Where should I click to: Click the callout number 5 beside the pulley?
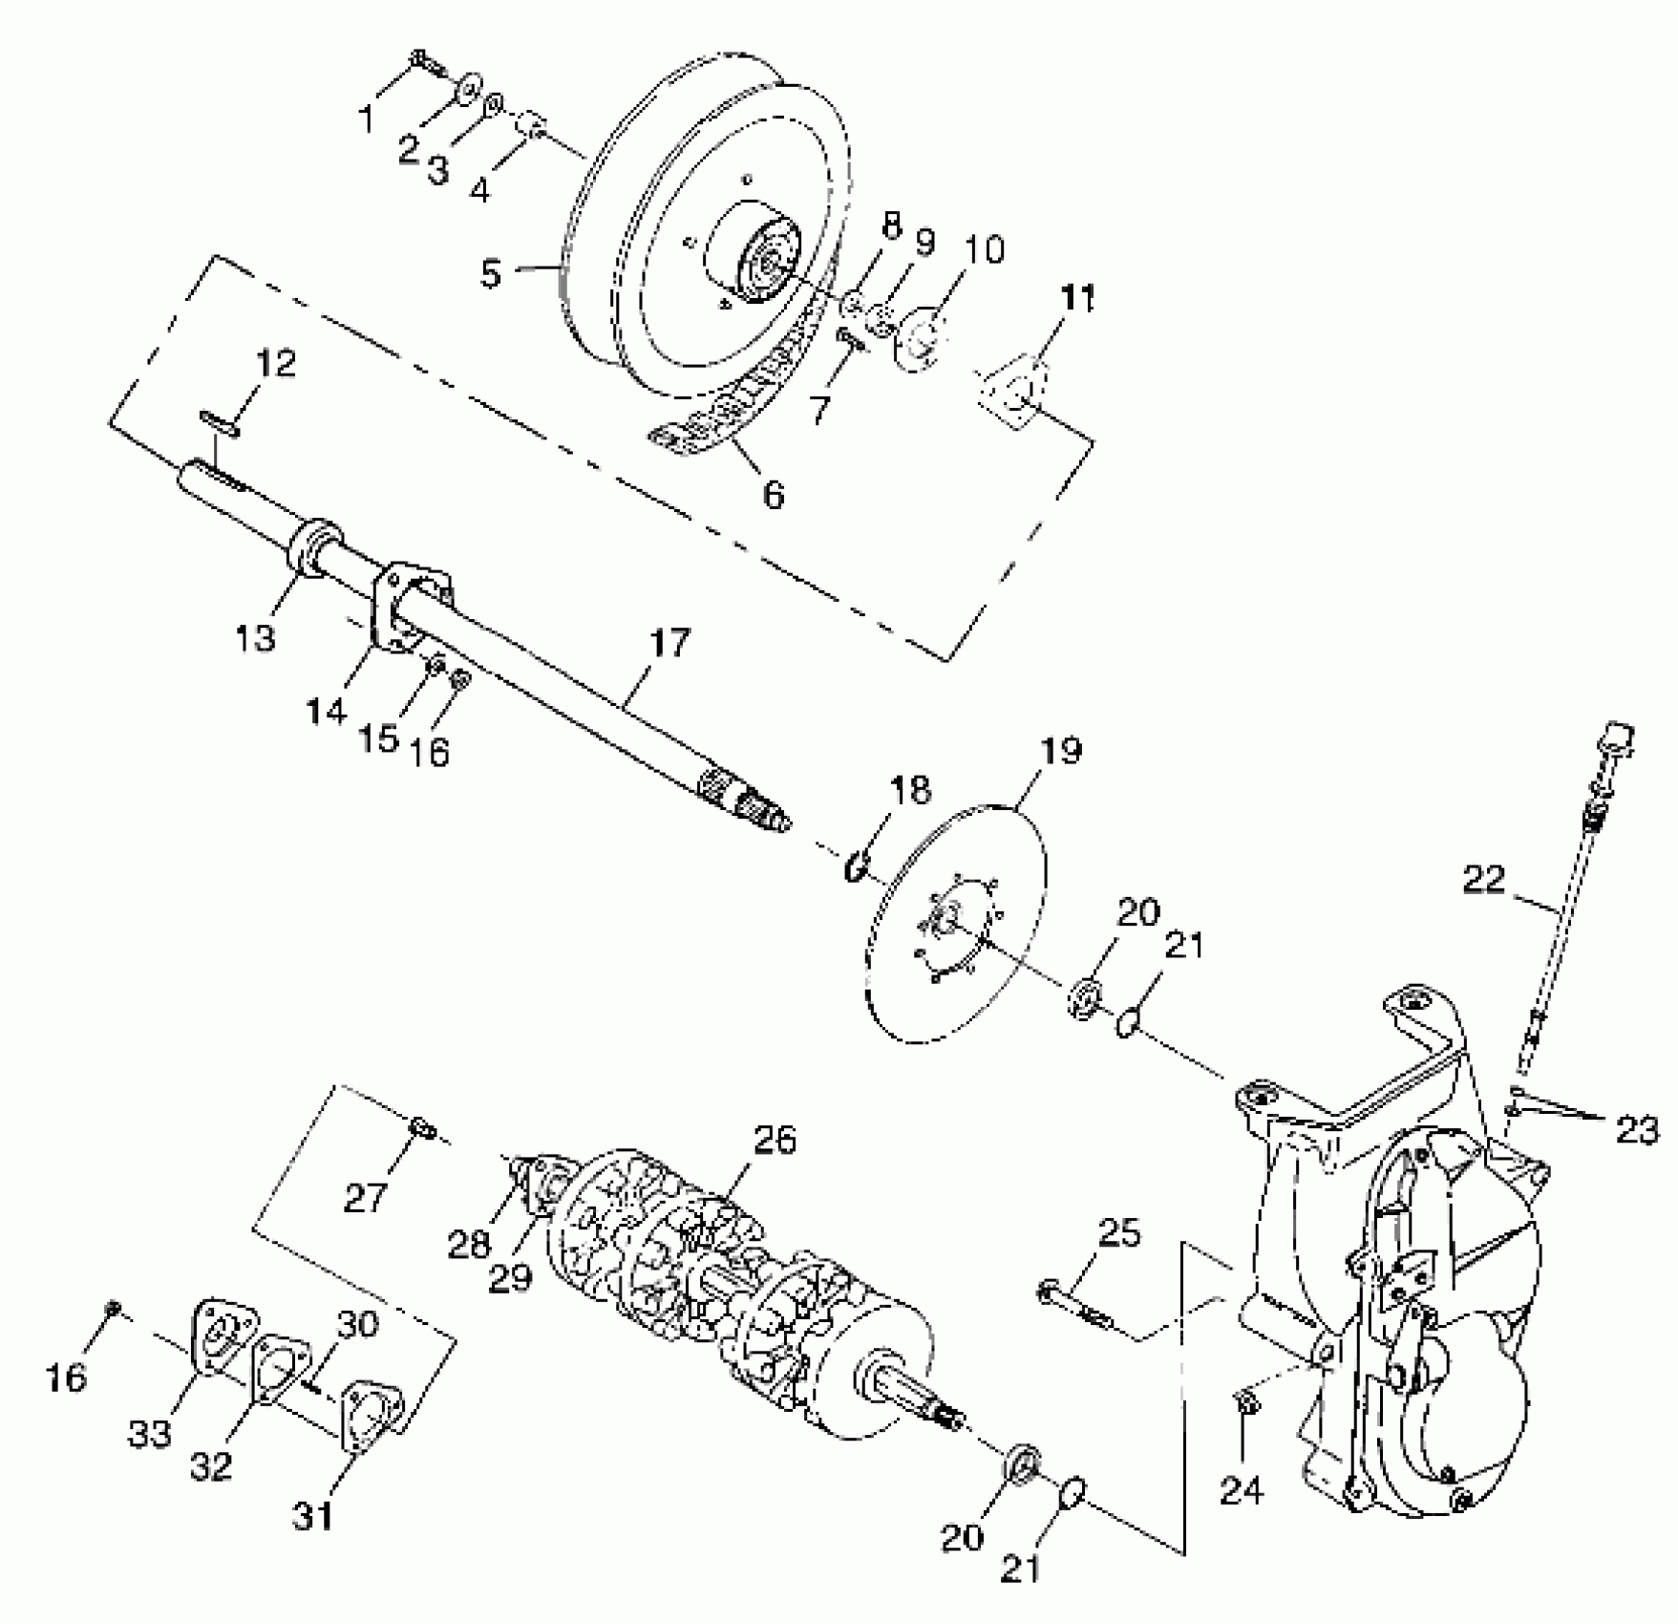(x=491, y=273)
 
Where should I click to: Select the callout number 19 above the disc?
(x=1060, y=751)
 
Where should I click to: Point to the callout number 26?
(x=774, y=1140)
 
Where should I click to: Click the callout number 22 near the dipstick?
(x=1483, y=880)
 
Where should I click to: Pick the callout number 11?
(x=1077, y=298)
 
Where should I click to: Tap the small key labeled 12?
(x=220, y=422)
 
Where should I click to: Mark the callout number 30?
(x=357, y=1324)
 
